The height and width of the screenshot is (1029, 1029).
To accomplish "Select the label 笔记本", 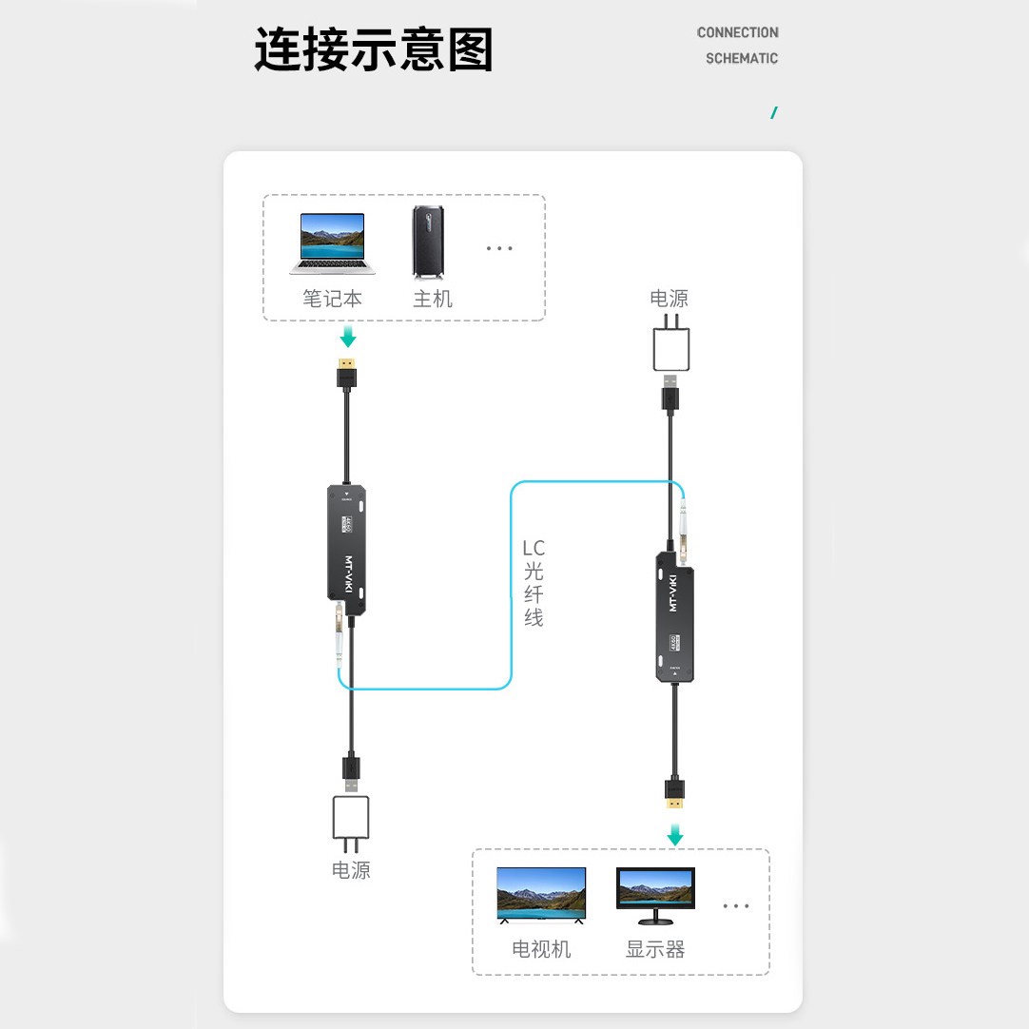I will pyautogui.click(x=332, y=299).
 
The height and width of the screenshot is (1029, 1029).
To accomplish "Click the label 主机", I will pyautogui.click(x=432, y=299).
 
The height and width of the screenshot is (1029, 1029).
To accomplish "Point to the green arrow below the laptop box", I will pyautogui.click(x=348, y=337).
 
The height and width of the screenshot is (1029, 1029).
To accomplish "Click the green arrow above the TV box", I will pyautogui.click(x=674, y=836).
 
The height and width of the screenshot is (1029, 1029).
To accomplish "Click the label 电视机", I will pyautogui.click(x=541, y=949).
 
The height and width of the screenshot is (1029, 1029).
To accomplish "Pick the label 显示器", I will pyautogui.click(x=655, y=949).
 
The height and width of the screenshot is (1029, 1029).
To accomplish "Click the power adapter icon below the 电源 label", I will pyautogui.click(x=670, y=349).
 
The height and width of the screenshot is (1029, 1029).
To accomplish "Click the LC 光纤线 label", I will pyautogui.click(x=534, y=583).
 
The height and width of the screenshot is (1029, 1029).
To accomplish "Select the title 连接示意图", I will pyautogui.click(x=373, y=49).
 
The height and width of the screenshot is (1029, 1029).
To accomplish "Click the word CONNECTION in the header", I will pyautogui.click(x=737, y=32).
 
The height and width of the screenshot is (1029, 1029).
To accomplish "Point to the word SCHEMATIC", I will pyautogui.click(x=741, y=58).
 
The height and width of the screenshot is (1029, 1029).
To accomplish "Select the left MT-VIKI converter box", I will pyautogui.click(x=347, y=550).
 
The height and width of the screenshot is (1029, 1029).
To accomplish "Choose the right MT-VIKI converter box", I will pyautogui.click(x=674, y=616).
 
